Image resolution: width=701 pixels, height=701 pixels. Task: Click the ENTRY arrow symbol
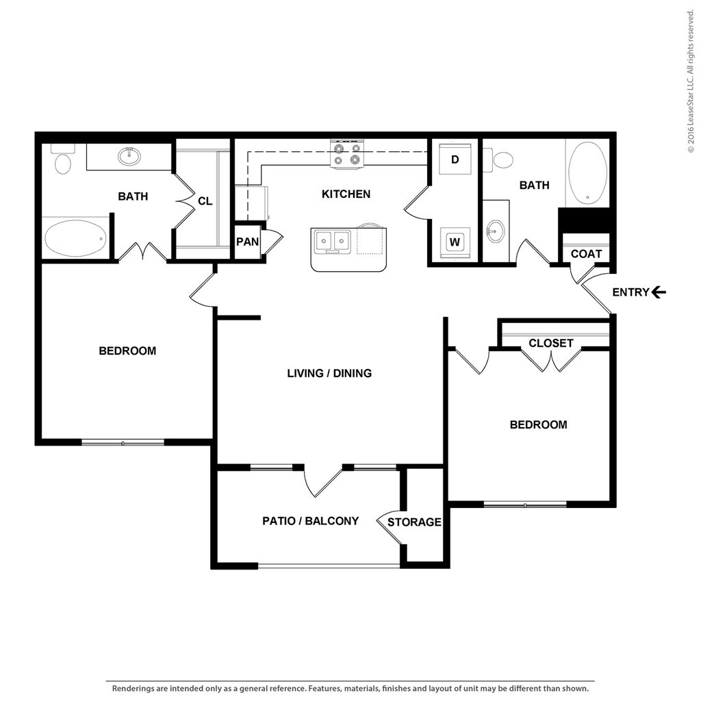[659, 292]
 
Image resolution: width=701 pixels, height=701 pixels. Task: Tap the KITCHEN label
[346, 194]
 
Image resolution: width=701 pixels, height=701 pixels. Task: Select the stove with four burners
[347, 154]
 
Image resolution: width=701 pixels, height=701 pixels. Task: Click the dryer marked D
[455, 159]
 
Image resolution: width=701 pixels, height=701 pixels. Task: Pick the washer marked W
[455, 242]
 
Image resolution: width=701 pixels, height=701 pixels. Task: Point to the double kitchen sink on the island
[332, 242]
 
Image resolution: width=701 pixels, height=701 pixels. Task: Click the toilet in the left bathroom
[62, 159]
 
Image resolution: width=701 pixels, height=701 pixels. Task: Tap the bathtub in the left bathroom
[75, 238]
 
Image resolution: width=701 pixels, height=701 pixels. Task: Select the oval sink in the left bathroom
[129, 156]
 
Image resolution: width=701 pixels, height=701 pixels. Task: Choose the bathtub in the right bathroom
[587, 173]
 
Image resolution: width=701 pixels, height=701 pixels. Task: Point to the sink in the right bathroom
[495, 231]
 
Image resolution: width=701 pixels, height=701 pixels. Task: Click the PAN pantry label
[247, 242]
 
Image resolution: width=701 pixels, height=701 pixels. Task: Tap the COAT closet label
[586, 254]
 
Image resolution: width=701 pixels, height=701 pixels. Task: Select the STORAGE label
[414, 522]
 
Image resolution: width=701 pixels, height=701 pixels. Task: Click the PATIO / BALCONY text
[310, 521]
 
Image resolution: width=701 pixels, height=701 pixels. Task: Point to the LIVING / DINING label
[329, 373]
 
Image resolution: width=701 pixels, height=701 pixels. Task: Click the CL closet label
[205, 201]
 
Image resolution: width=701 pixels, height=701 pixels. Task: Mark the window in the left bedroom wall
[123, 443]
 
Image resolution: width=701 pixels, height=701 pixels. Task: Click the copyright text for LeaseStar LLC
[691, 81]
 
